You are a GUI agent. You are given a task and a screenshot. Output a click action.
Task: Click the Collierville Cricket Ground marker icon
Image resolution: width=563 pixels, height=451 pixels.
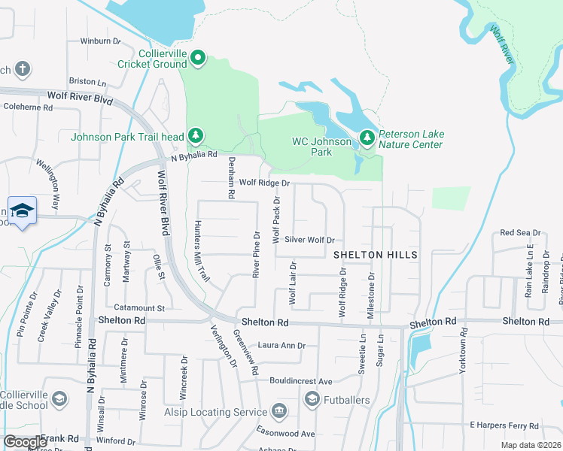coord(198,58)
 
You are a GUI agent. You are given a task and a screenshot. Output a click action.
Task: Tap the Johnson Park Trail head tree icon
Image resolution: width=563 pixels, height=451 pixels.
coord(196,136)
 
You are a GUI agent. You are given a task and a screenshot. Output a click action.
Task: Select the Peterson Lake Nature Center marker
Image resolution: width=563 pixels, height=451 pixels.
coord(367,138)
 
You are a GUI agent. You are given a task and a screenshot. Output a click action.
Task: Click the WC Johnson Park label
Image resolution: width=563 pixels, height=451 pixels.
coord(322,147)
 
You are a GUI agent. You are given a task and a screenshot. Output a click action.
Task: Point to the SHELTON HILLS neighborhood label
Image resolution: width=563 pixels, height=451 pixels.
coord(376,256)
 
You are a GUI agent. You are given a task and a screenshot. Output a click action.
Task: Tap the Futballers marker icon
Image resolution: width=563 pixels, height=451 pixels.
coord(312,400)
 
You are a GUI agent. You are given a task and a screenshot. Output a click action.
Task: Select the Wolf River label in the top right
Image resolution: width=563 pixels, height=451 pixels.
coord(502,45)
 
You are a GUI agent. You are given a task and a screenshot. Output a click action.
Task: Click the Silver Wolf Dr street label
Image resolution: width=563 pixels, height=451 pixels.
coord(309,240)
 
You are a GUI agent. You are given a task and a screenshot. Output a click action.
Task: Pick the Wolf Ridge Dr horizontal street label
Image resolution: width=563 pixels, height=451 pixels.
coord(264,183)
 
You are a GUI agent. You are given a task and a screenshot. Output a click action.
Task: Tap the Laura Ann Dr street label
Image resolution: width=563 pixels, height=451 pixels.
coord(281,346)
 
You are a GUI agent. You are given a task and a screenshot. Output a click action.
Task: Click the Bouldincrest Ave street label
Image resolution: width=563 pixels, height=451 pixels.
coord(296,381)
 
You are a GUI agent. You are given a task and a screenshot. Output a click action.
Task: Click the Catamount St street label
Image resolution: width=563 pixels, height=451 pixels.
coord(138,308)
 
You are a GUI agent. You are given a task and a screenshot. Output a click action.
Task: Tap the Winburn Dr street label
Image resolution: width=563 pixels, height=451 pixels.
coord(100,41)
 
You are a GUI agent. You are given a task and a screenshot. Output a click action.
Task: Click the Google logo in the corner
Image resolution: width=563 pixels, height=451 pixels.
coord(25,442)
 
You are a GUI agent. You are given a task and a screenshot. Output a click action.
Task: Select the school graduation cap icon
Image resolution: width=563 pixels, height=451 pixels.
coord(22,210)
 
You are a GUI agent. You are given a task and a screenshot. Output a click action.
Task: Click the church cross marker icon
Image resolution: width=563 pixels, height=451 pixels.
coord(22,70)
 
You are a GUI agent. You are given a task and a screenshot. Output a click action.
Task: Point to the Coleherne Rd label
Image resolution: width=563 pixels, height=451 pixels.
coord(28,107)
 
